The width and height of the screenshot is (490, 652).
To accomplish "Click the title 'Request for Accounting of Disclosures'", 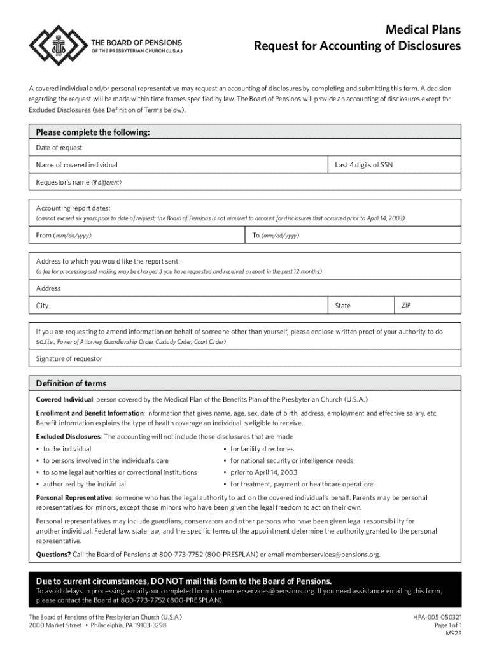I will click(357, 46).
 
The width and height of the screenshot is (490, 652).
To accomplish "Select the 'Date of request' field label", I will click(59, 148).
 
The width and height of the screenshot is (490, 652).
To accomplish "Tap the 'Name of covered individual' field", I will click(181, 165).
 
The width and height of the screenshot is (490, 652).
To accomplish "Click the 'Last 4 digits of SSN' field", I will click(394, 165).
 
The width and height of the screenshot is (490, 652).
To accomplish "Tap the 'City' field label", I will click(43, 306).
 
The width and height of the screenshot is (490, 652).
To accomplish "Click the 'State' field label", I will click(343, 306).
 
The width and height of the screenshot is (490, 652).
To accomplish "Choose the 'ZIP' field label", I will click(406, 306).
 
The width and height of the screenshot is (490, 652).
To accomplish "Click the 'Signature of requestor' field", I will click(245, 358).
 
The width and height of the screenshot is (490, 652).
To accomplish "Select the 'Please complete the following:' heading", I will click(93, 132).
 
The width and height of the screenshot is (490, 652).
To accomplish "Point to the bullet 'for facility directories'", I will click(262, 449).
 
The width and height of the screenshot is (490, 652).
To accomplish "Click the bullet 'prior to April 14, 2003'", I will click(257, 472).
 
